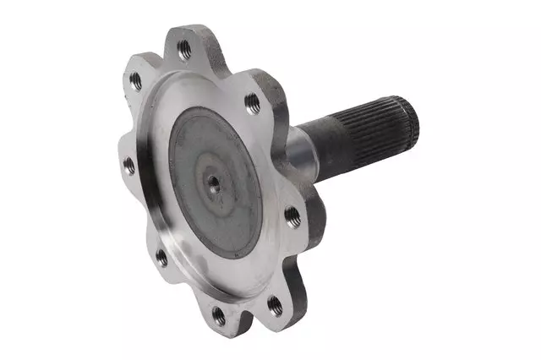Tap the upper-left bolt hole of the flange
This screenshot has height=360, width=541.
[135, 81]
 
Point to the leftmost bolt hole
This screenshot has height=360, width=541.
[129, 166]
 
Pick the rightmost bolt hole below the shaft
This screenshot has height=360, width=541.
[292, 216]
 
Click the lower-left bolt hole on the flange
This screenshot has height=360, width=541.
[161, 257]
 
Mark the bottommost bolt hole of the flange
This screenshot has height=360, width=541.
[219, 316]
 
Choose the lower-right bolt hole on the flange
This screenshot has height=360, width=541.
[275, 303]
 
